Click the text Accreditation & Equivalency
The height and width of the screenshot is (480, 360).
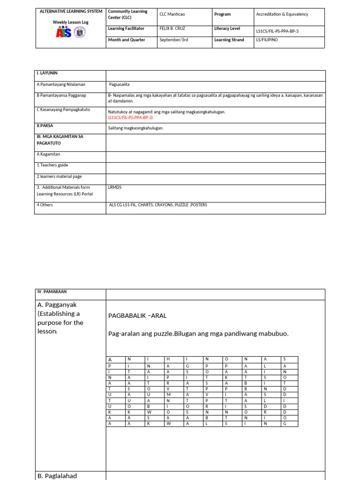(x=282, y=14)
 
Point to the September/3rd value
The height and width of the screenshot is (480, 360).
(x=173, y=40)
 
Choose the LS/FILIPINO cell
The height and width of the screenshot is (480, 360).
(x=267, y=40)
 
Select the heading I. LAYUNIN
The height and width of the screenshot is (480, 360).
(x=47, y=73)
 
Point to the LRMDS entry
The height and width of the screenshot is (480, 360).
(x=114, y=187)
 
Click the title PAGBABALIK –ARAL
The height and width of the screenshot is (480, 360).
(x=137, y=315)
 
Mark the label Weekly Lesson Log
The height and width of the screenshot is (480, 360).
(x=70, y=22)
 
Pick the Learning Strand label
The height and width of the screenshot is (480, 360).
(x=229, y=40)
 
